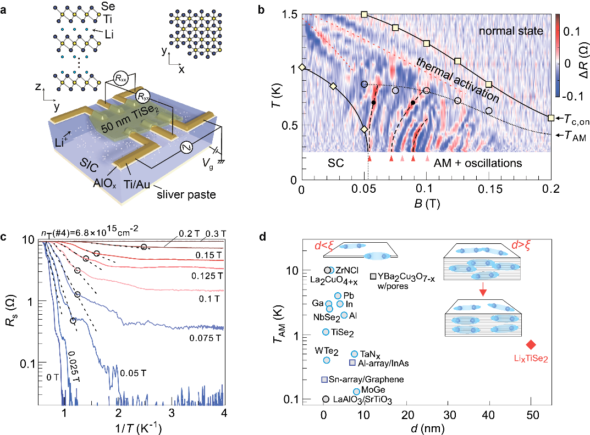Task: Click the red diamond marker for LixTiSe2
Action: point(531,344)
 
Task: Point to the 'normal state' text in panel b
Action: point(510,31)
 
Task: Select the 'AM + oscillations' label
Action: point(477,164)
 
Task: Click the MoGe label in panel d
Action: point(372,391)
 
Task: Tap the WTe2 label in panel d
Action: point(327,350)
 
